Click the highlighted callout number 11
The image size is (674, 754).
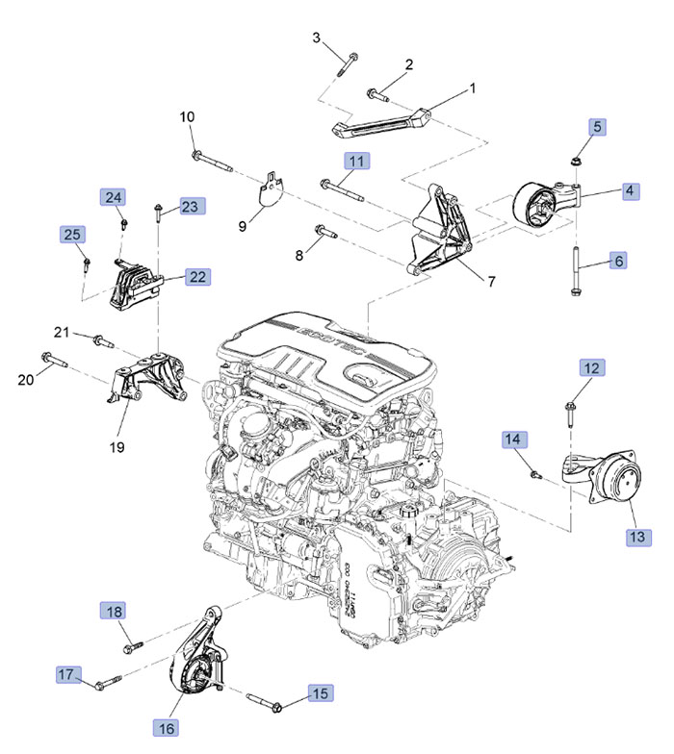[x=357, y=162]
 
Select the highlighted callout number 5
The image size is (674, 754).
[x=597, y=126]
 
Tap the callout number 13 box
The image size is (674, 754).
[x=635, y=537]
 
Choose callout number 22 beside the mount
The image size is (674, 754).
[x=197, y=277]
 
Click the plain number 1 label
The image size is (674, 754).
[x=473, y=88]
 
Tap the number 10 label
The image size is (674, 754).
[x=187, y=117]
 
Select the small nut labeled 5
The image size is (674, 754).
[x=574, y=162]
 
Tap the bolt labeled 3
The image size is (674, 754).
[x=349, y=60]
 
